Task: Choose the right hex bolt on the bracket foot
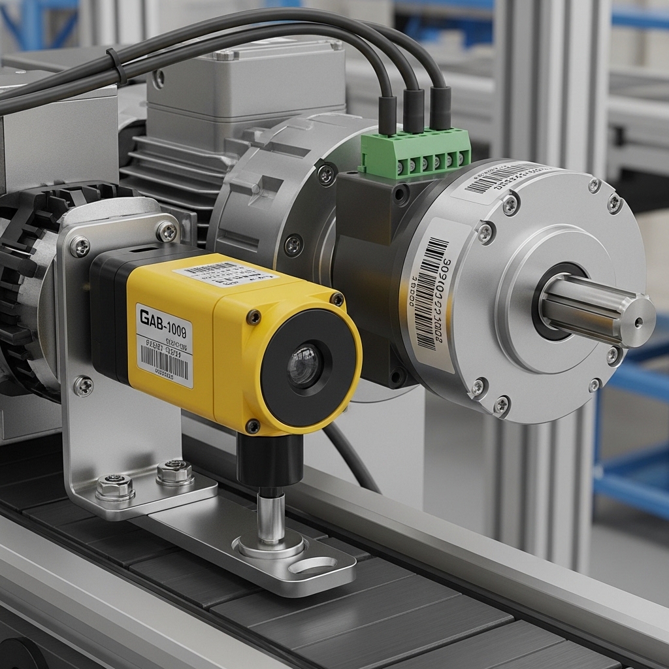(x=175, y=470)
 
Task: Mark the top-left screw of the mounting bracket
(x=80, y=246)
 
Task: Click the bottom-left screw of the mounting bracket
(x=82, y=386)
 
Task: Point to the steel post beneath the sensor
(x=270, y=516)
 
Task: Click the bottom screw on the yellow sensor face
(x=253, y=426)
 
